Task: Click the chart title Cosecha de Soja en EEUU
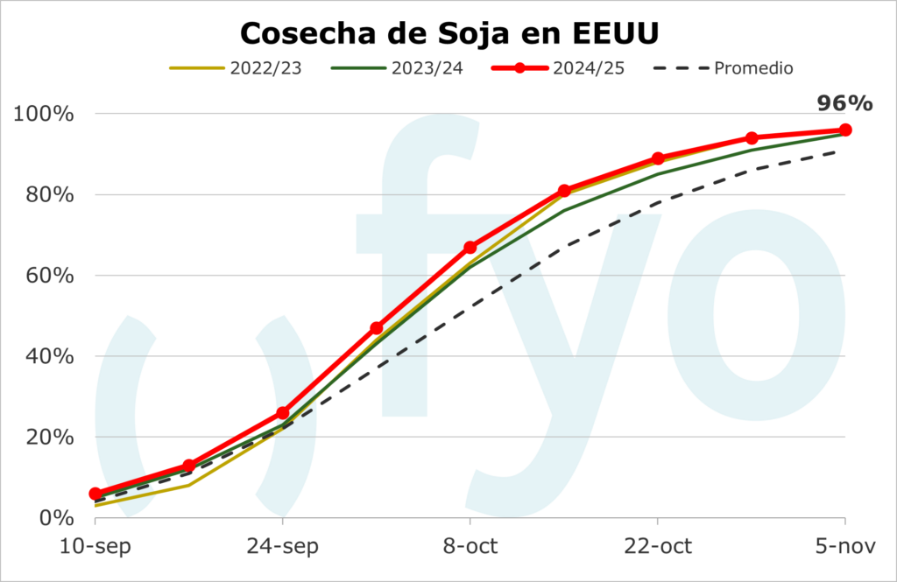(x=448, y=33)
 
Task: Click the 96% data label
(x=844, y=103)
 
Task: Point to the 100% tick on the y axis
(x=44, y=115)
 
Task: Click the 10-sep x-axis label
(x=95, y=547)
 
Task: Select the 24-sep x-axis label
(x=282, y=547)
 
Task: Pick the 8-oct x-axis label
(x=470, y=547)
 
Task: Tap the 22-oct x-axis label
(x=657, y=547)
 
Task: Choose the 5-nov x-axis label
(x=844, y=547)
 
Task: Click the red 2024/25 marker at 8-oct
(x=470, y=248)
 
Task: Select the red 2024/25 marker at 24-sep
(x=283, y=413)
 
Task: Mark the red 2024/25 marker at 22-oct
(x=658, y=159)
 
